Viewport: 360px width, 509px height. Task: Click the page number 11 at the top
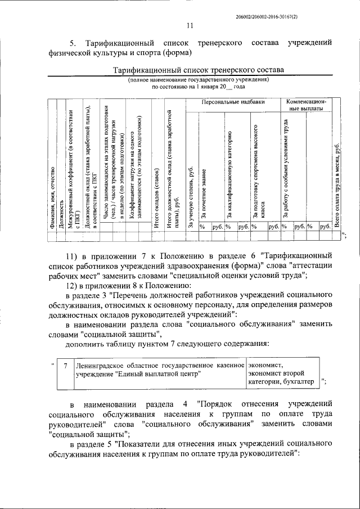tap(190, 25)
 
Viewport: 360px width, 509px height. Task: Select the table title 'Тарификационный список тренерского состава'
tap(199, 70)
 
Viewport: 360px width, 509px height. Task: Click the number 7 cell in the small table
tap(66, 366)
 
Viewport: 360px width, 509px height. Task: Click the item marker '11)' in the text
tap(74, 255)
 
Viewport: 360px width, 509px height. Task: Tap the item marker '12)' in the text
tap(74, 286)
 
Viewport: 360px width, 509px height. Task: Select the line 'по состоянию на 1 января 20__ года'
tap(199, 87)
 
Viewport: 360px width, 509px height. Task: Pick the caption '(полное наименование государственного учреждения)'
tap(199, 80)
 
